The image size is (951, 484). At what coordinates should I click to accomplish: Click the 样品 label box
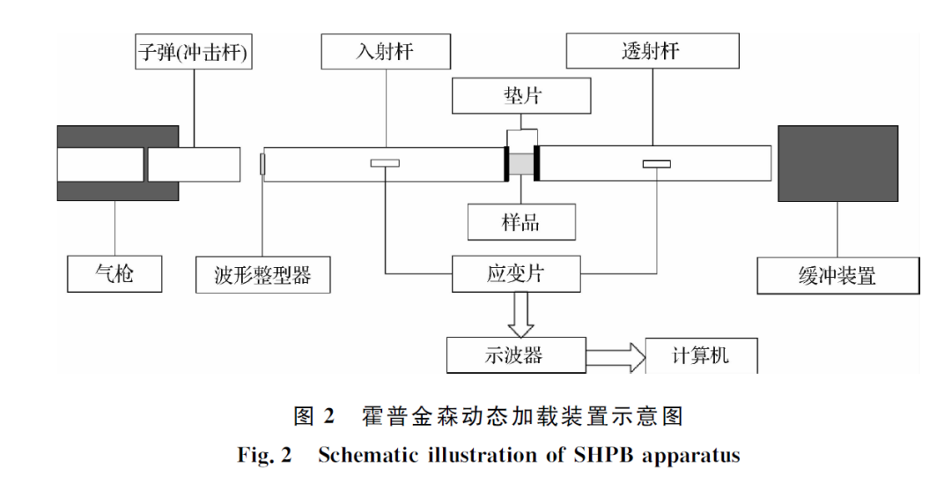pyautogui.click(x=520, y=222)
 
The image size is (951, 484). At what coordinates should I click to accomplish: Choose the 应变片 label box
pyautogui.click(x=516, y=274)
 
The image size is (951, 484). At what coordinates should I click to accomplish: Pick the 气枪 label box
pyautogui.click(x=114, y=273)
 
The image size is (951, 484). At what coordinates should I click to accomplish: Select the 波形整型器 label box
pyautogui.click(x=263, y=275)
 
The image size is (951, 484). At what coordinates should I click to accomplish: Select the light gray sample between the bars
pyautogui.click(x=522, y=164)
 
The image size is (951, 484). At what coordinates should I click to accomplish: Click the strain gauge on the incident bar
pyautogui.click(x=385, y=163)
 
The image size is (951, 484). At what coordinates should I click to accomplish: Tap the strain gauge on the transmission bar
pyautogui.click(x=656, y=163)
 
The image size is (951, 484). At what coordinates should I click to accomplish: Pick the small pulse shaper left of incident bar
pyautogui.click(x=262, y=163)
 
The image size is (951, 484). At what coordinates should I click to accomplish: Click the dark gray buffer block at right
pyautogui.click(x=837, y=164)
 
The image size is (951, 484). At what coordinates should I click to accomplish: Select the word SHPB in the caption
pyautogui.click(x=604, y=456)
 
